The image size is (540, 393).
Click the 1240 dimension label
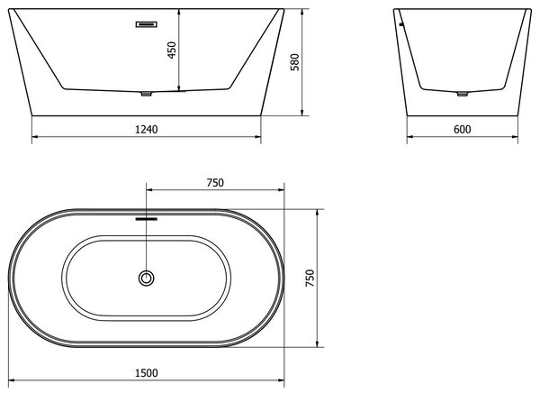click(147, 130)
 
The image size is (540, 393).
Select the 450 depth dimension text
click(172, 50)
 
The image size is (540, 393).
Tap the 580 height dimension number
click(295, 62)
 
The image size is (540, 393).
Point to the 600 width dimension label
click(463, 130)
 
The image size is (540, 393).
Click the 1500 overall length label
click(147, 373)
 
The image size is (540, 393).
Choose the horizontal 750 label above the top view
click(215, 182)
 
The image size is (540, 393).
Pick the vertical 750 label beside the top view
click(310, 279)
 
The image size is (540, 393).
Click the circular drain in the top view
click(147, 279)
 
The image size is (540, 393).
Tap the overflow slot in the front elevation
click(147, 24)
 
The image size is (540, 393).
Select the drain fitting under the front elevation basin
click(147, 94)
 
